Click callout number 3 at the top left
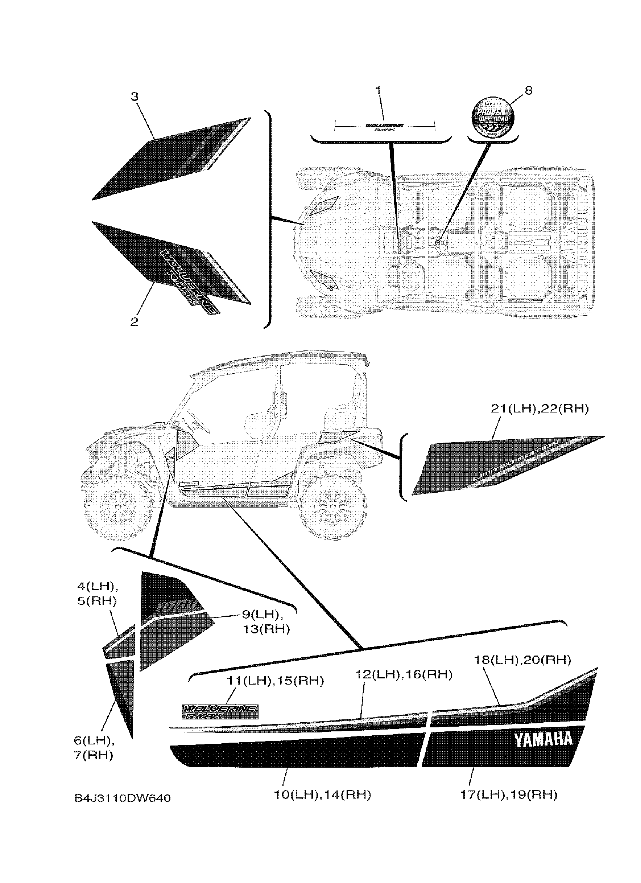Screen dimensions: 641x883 pyautogui.click(x=134, y=96)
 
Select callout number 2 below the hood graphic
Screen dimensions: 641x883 pyautogui.click(x=134, y=321)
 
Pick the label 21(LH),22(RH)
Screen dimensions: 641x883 pyautogui.click(x=539, y=409)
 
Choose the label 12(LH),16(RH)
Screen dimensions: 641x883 pyautogui.click(x=404, y=674)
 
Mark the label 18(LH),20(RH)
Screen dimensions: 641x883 pyautogui.click(x=522, y=660)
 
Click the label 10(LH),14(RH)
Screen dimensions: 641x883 pyautogui.click(x=322, y=794)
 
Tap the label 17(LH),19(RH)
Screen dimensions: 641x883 pyautogui.click(x=509, y=794)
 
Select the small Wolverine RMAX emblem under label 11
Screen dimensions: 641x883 pyautogui.click(x=220, y=712)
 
